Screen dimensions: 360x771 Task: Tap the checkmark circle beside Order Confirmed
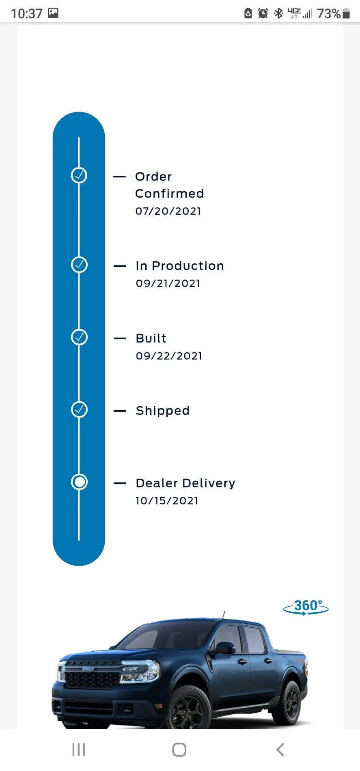click(x=79, y=175)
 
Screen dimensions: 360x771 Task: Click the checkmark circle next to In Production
click(x=79, y=265)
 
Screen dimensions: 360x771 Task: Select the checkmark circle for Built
click(x=79, y=337)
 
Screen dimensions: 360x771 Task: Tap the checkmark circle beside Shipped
click(x=79, y=409)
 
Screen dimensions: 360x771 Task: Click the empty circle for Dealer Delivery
click(x=79, y=482)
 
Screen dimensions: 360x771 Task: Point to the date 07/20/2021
click(x=168, y=211)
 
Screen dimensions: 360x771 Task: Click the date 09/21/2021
click(x=168, y=283)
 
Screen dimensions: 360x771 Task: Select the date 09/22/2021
click(x=169, y=356)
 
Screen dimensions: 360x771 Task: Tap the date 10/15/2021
click(x=167, y=501)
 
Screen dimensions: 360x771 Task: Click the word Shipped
click(x=163, y=411)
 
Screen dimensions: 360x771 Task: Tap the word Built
click(x=151, y=338)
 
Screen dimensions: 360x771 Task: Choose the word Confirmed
click(x=170, y=194)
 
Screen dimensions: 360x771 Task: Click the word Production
click(x=188, y=266)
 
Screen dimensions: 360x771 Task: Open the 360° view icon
click(x=306, y=607)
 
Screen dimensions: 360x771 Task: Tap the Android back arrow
click(x=280, y=749)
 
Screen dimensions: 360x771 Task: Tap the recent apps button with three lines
click(x=79, y=749)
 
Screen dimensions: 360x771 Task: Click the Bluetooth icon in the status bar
click(x=278, y=13)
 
